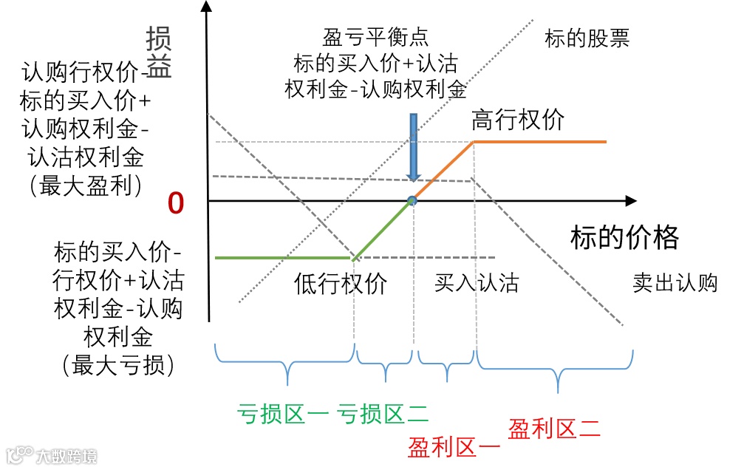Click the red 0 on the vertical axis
[176, 204]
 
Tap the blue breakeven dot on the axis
[412, 200]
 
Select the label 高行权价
[518, 120]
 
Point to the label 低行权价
[341, 284]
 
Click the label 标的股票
[587, 38]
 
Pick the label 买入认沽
[477, 283]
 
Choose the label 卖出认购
[675, 283]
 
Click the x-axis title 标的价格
[624, 238]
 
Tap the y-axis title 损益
[159, 53]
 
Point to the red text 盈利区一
[454, 446]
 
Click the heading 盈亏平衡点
[376, 37]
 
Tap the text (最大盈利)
[85, 185]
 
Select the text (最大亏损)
[118, 365]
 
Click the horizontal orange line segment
[539, 141]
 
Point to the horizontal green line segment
[284, 257]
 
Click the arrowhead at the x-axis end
[630, 200]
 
